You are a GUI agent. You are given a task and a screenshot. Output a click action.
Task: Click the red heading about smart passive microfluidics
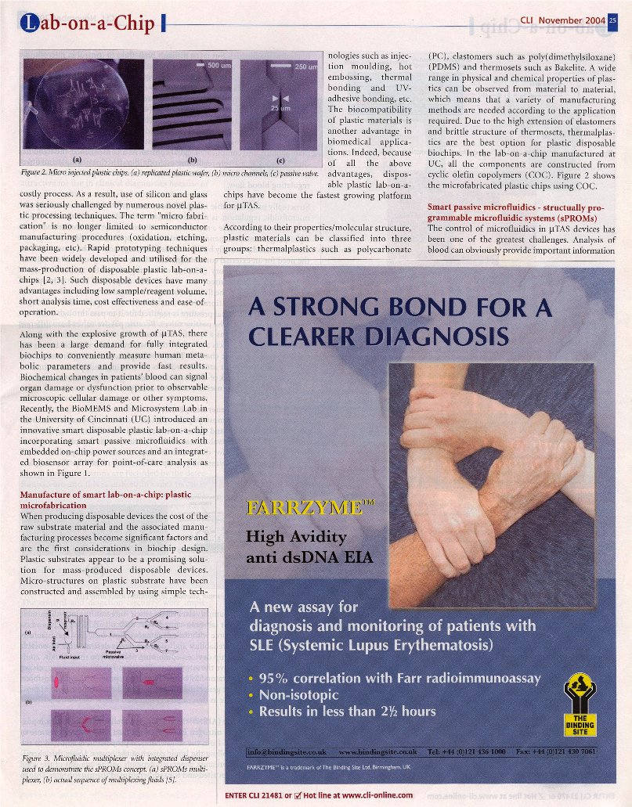click(x=518, y=211)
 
